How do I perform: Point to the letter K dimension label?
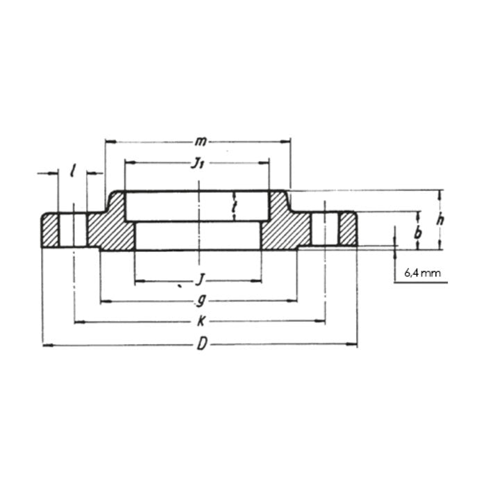(201, 322)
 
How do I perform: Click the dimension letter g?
(200, 301)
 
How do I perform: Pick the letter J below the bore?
(199, 280)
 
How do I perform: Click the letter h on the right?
(439, 219)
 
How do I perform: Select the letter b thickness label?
(417, 234)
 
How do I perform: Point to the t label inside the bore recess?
(235, 207)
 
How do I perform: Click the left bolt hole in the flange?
(73, 229)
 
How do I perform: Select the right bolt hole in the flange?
(325, 229)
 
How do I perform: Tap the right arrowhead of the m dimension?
(287, 142)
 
